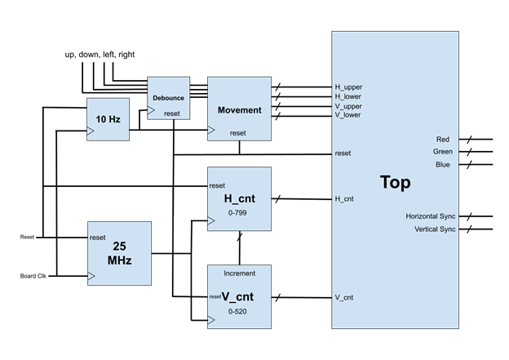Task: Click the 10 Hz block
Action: click(108, 119)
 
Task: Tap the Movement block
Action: click(239, 109)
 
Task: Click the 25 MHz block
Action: click(119, 253)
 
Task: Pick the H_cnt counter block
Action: click(238, 199)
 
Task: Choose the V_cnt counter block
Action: click(238, 298)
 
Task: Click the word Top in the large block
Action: click(396, 182)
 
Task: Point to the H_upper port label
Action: click(348, 87)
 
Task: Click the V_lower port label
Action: click(348, 115)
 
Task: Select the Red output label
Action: click(442, 140)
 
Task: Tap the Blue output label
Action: click(442, 165)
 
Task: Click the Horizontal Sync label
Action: click(431, 216)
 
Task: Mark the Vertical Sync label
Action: click(435, 229)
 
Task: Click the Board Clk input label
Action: click(34, 277)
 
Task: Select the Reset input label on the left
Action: click(27, 238)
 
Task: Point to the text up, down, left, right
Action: click(100, 55)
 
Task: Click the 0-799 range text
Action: click(237, 212)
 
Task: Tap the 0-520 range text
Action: click(238, 312)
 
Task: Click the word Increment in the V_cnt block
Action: click(238, 273)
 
